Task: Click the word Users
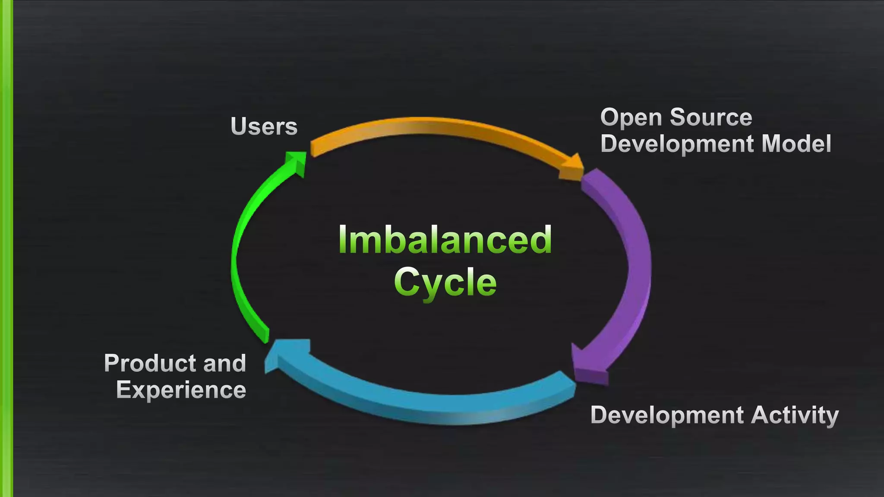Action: [x=264, y=126]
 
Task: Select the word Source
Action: [x=711, y=117]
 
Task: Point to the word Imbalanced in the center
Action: [x=445, y=240]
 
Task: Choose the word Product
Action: [x=150, y=363]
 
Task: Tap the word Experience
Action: [x=181, y=390]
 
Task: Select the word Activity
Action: [x=795, y=415]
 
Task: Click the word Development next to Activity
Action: [x=666, y=415]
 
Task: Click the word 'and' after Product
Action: [x=224, y=363]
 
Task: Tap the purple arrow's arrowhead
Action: [x=589, y=367]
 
